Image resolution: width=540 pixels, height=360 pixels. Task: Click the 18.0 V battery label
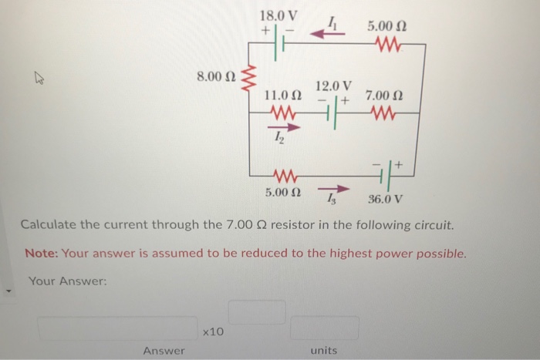pyautogui.click(x=282, y=15)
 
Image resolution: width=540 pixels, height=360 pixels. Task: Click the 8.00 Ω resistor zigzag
pyautogui.click(x=248, y=77)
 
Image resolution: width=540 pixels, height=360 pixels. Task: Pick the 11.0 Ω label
pyautogui.click(x=282, y=96)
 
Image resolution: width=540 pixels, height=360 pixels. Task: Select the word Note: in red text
pyautogui.click(x=42, y=254)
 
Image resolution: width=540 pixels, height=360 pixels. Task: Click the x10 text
pyautogui.click(x=212, y=331)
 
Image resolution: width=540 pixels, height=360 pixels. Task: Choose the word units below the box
pyautogui.click(x=323, y=351)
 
